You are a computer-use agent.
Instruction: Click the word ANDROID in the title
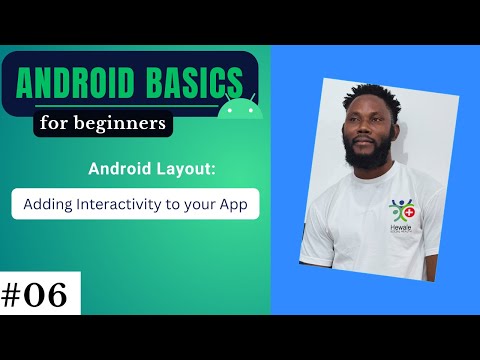[76, 79]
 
